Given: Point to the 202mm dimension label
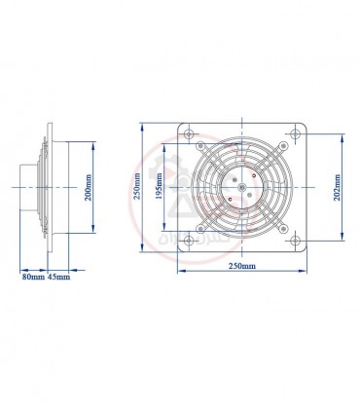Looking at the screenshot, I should coord(338,185).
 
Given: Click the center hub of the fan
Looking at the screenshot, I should coord(240,185).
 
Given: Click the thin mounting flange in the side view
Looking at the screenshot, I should coord(49,185).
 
